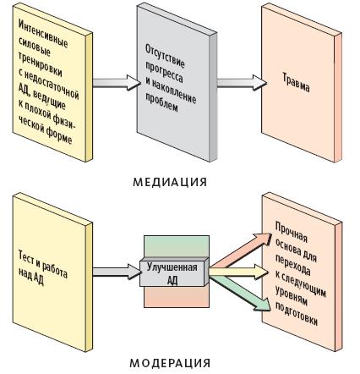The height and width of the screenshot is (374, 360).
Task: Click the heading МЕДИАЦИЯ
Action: [170, 182]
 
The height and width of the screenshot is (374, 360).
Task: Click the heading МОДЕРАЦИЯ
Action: [170, 363]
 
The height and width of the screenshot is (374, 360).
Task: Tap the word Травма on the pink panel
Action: [296, 83]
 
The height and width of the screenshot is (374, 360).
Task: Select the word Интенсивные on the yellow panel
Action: [43, 34]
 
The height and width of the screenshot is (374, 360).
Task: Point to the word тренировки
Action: [40, 64]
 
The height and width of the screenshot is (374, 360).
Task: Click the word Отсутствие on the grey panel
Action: [165, 56]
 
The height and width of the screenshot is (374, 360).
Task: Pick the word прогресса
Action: [164, 71]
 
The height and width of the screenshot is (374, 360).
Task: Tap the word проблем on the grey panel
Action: [161, 102]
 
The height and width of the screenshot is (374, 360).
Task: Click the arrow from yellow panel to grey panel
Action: [117, 83]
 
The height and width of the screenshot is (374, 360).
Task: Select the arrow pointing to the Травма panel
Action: [242, 83]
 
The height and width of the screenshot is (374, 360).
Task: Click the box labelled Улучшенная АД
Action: [174, 272]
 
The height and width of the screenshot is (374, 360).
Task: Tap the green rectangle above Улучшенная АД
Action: [177, 246]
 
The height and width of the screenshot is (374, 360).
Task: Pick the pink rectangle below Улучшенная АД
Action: [177, 297]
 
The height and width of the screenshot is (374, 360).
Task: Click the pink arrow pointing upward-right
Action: [241, 250]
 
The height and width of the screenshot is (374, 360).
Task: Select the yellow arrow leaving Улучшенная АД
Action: [238, 272]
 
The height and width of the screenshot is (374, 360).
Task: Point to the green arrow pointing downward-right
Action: [240, 294]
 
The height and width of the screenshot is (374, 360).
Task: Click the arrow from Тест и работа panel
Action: [117, 272]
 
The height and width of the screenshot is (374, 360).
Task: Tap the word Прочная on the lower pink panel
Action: [291, 233]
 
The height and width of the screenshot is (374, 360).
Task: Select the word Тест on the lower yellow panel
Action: [26, 256]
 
